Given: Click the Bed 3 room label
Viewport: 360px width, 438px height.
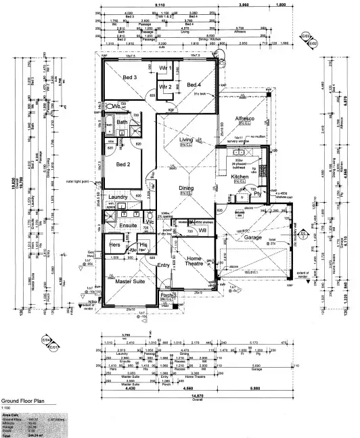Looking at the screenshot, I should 130,78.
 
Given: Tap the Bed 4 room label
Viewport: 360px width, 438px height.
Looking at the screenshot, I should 194,84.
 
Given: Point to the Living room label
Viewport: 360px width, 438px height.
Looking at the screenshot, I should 187,141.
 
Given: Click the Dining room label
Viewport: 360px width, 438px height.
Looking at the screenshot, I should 187,188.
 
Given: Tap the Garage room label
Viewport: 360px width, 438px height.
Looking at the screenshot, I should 252,237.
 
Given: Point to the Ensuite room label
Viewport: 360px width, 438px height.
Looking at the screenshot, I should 129,224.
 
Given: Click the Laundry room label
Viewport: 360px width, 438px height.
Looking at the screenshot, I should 118,197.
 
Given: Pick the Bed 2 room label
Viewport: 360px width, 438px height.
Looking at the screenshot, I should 123,164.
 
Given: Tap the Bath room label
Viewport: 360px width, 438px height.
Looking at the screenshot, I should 122,122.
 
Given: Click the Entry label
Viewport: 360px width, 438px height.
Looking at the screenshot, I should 163,265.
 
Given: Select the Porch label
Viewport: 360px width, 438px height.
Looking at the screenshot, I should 168,295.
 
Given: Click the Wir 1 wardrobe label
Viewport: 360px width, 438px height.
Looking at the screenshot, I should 164,69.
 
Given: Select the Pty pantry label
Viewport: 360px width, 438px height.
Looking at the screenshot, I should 257,193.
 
